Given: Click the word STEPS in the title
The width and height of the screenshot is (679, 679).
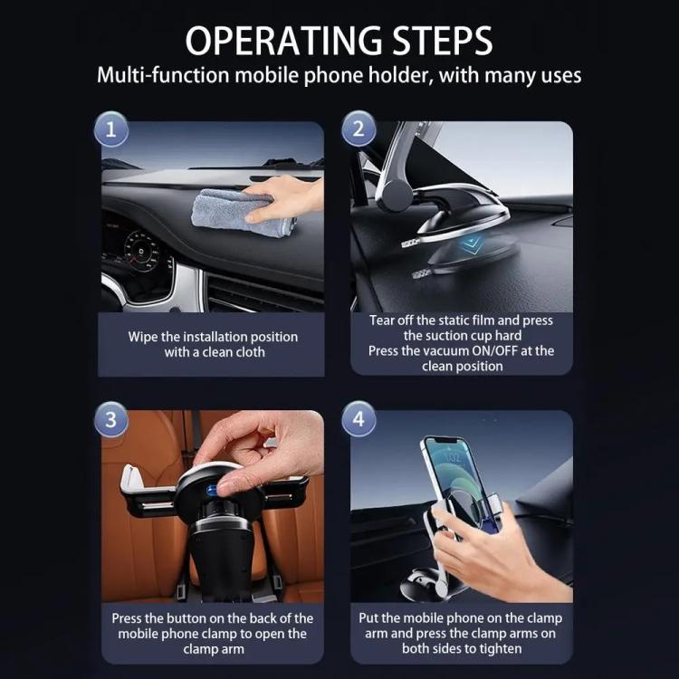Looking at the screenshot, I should [437, 41].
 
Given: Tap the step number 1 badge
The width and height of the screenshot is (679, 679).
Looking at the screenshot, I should [111, 129].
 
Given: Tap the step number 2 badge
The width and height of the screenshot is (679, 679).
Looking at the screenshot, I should [359, 129].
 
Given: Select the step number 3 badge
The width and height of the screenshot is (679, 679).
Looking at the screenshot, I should [111, 420].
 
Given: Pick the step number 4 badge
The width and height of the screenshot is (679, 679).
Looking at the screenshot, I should [359, 420].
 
